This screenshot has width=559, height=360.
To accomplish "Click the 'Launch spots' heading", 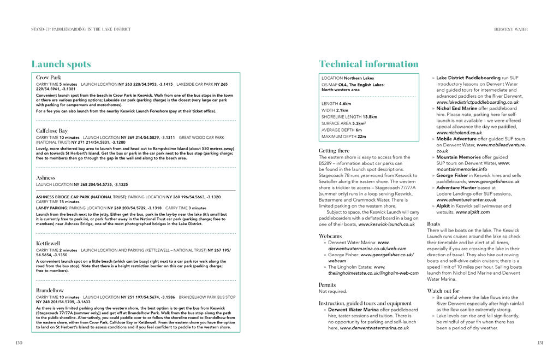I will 61,64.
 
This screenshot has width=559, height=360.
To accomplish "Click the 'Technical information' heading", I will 368,64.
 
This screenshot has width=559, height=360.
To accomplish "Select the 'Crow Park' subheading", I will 49,78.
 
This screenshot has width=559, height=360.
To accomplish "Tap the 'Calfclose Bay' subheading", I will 52,131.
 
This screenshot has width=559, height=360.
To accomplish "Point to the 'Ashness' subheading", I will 45,178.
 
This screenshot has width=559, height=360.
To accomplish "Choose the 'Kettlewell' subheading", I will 48,243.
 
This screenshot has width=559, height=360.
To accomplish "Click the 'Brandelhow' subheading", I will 50,290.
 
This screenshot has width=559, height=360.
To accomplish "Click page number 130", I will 19,343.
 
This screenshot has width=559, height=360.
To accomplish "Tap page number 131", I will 539,343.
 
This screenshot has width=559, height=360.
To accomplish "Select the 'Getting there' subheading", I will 334,150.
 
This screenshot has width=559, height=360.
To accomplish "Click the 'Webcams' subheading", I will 330,235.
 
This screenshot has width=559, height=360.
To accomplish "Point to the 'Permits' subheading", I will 328,285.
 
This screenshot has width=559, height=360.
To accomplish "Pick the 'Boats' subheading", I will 433,224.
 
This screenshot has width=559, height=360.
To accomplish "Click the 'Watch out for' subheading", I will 443,291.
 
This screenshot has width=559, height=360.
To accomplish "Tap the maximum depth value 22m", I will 362,137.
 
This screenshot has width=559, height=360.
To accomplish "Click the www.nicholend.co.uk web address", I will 459,132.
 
